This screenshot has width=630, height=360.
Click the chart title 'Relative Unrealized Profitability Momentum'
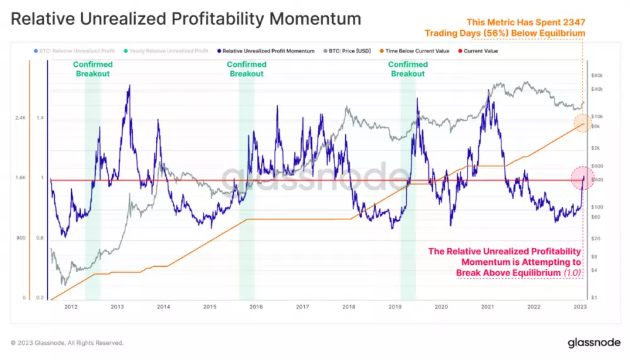click(x=186, y=19)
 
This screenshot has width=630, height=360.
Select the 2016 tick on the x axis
click(x=256, y=307)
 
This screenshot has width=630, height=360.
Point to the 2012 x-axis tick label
click(x=71, y=307)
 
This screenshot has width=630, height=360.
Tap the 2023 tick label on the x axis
click(x=580, y=307)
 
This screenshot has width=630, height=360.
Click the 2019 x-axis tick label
click(x=394, y=307)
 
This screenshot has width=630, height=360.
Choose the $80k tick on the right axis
click(x=597, y=76)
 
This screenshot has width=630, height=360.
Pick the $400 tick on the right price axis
click(x=597, y=180)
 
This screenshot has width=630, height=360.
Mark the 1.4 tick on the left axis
click(x=40, y=118)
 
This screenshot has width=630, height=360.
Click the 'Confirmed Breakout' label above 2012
click(x=93, y=69)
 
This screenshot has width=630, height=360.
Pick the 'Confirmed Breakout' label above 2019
click(x=408, y=69)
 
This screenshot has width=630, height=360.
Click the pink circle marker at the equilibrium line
click(x=583, y=178)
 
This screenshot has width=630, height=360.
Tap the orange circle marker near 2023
click(x=583, y=123)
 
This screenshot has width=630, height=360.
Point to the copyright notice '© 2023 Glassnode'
click(x=67, y=343)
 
